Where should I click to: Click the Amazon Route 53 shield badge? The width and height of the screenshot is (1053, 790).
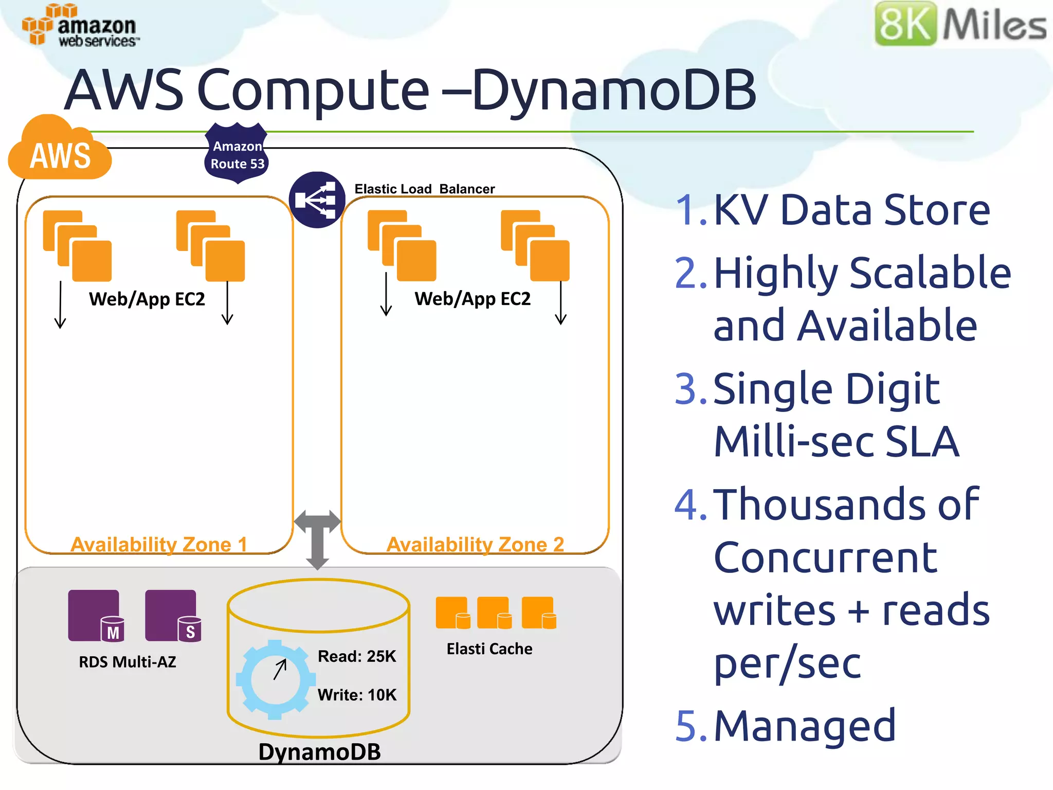237,154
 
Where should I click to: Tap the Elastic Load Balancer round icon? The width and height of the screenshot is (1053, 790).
317,200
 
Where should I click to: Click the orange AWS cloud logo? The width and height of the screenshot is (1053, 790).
60,151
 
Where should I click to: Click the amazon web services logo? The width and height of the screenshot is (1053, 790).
80,26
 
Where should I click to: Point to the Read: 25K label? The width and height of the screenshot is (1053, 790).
357,656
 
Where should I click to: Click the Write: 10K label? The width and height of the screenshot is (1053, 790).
357,695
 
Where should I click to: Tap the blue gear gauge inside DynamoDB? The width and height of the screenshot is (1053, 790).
276,679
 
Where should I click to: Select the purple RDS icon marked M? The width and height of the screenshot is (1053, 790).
96,616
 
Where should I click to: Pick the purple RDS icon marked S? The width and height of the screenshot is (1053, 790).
173,616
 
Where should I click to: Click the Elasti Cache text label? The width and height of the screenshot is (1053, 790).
489,649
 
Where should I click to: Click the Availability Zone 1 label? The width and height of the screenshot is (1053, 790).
159,544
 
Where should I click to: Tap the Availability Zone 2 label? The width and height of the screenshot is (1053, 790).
475,544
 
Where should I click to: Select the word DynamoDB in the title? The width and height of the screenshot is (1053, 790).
614,91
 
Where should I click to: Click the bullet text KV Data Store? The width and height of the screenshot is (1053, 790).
851,210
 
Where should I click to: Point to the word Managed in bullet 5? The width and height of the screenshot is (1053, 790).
805,726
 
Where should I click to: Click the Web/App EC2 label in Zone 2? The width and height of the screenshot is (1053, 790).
473,299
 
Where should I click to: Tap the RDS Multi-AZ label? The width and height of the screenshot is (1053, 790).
128,662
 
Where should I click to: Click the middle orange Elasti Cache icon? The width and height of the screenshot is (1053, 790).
494,613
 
